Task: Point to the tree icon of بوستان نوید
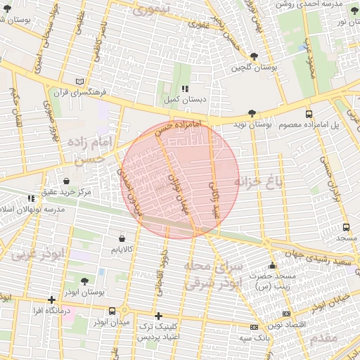click(x=252, y=114)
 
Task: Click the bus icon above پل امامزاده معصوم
click(x=309, y=114)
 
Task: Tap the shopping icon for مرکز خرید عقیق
click(x=66, y=181)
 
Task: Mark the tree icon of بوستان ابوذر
click(x=84, y=281)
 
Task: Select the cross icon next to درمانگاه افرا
click(x=51, y=300)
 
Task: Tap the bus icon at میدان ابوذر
click(x=112, y=311)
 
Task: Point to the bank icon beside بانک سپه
click(x=254, y=327)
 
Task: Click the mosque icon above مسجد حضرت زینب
click(x=272, y=266)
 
